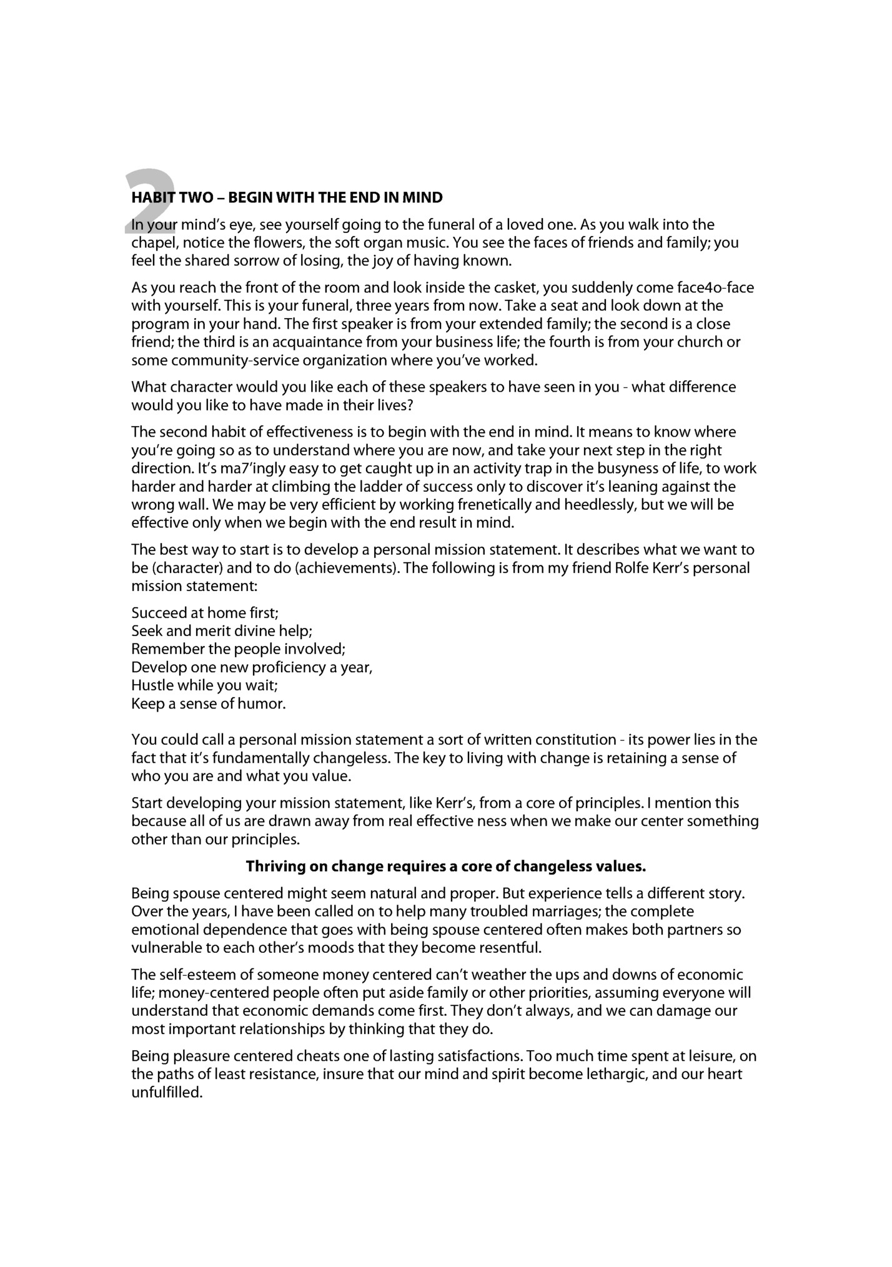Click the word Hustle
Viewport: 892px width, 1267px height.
152,685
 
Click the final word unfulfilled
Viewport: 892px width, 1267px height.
167,1093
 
